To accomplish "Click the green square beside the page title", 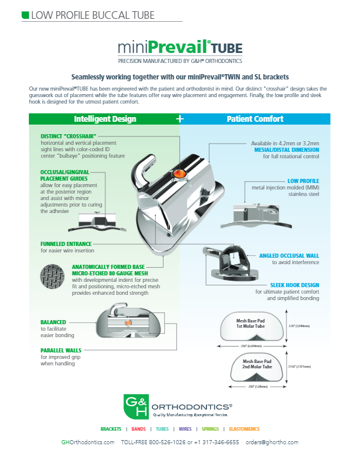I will click(x=24, y=14).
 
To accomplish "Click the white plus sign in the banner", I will click(x=180, y=119).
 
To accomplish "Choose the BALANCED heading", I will click(x=53, y=322).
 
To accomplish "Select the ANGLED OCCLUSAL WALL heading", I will click(x=289, y=256).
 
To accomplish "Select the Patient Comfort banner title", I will click(x=255, y=119).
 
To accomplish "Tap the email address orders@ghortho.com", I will click(x=272, y=442).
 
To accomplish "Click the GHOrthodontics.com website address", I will click(x=88, y=442).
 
